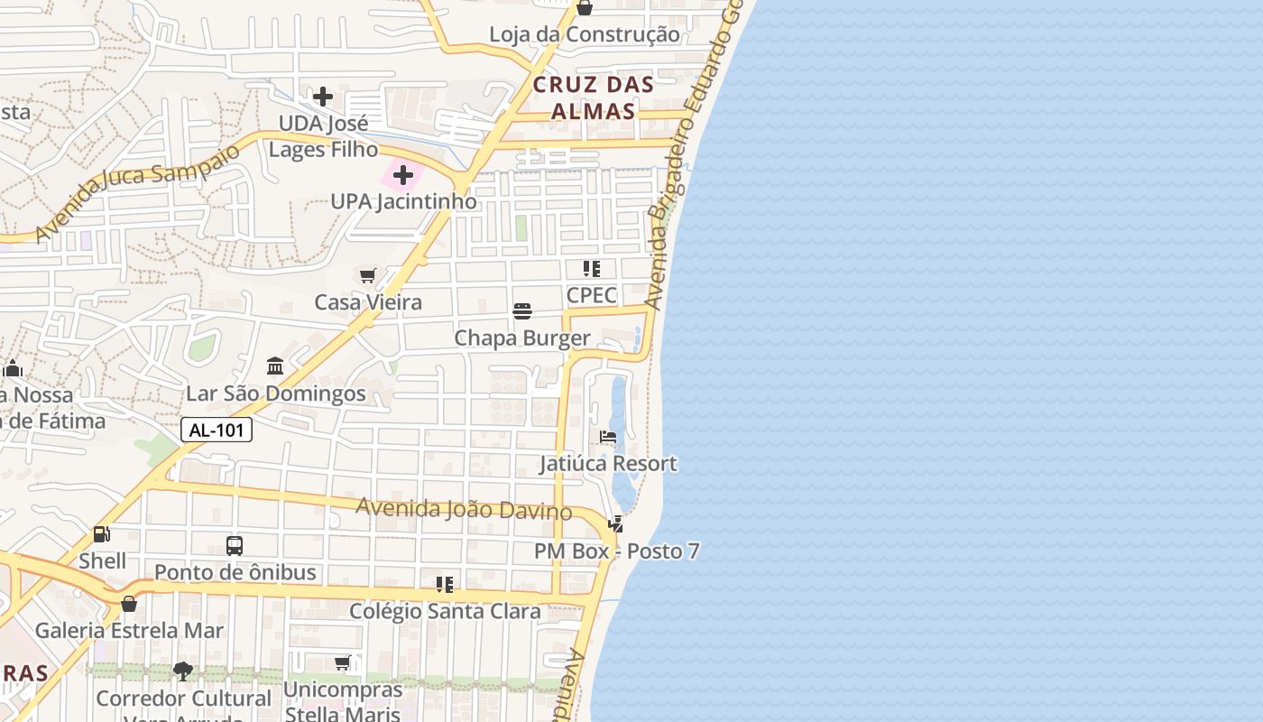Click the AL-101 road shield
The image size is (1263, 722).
[217, 430]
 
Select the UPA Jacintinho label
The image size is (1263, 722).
[403, 201]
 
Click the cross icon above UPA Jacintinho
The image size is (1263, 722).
[403, 175]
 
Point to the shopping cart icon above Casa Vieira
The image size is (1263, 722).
[367, 275]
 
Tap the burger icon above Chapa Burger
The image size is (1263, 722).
[522, 311]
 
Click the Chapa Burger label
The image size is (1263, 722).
[522, 338]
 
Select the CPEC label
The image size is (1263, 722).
[592, 295]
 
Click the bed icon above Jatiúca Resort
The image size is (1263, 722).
[608, 437]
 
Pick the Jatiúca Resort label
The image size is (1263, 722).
[608, 464]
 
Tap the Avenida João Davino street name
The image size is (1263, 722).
[464, 509]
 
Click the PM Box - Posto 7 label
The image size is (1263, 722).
[616, 551]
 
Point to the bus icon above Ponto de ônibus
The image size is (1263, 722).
[235, 545]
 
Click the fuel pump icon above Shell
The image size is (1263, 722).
[102, 534]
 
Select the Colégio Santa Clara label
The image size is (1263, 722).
[445, 611]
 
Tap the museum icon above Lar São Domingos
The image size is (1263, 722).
[275, 366]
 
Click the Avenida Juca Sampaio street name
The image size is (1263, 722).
[137, 191]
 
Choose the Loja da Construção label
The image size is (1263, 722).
[584, 35]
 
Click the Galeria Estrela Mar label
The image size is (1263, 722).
[129, 630]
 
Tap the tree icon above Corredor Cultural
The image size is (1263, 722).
[183, 671]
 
